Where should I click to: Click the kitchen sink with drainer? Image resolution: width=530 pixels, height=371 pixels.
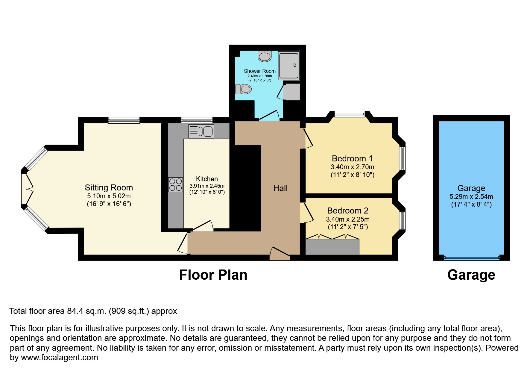[201, 131]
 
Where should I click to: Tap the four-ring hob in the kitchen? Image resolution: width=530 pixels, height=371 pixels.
[175, 184]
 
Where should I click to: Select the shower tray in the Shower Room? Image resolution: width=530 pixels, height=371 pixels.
[288, 66]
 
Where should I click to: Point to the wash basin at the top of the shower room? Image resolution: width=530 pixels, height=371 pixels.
[265, 56]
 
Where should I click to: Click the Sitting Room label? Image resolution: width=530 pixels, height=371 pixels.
[109, 188]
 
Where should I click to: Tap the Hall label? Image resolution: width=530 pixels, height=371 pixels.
[280, 188]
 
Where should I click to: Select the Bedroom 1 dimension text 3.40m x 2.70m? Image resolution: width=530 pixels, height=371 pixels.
[352, 167]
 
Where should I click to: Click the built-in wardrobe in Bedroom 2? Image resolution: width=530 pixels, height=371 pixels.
[332, 247]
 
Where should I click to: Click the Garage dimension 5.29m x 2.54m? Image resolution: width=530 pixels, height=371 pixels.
[471, 197]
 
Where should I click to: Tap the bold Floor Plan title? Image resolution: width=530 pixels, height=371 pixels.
[213, 275]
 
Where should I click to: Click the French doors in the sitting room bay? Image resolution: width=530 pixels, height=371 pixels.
[26, 189]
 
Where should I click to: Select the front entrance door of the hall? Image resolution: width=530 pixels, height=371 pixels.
[280, 253]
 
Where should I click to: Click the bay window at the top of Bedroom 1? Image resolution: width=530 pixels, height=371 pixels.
[350, 113]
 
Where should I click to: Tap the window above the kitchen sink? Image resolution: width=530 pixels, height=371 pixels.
[197, 120]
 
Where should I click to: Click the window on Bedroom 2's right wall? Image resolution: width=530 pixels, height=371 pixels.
[403, 220]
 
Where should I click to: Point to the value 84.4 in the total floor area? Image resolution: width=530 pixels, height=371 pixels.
[74, 311]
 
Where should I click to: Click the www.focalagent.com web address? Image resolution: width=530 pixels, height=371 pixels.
[59, 358]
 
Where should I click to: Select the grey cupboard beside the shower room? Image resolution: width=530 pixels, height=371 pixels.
[291, 92]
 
